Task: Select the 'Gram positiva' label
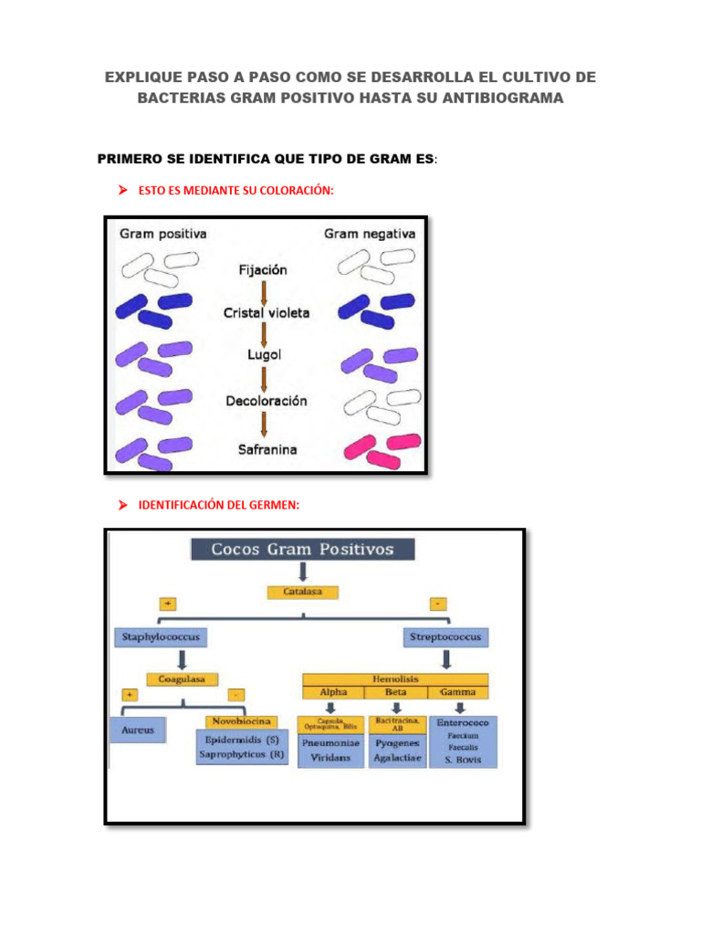point(163,234)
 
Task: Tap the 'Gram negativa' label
point(370,234)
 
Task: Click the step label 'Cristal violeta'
point(267,313)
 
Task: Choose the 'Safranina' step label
point(267,449)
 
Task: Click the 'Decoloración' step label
point(266,401)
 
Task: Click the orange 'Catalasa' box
point(302,592)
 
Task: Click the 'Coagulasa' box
point(183,679)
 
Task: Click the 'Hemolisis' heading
point(394,679)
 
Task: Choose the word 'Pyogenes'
point(397,743)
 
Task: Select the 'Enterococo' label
point(463,721)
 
